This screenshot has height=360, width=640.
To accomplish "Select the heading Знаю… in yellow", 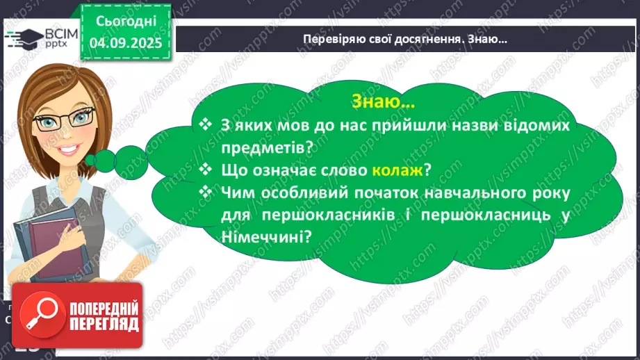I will tap(384, 102).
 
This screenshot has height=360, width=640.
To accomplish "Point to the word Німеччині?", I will tap(265, 236).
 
